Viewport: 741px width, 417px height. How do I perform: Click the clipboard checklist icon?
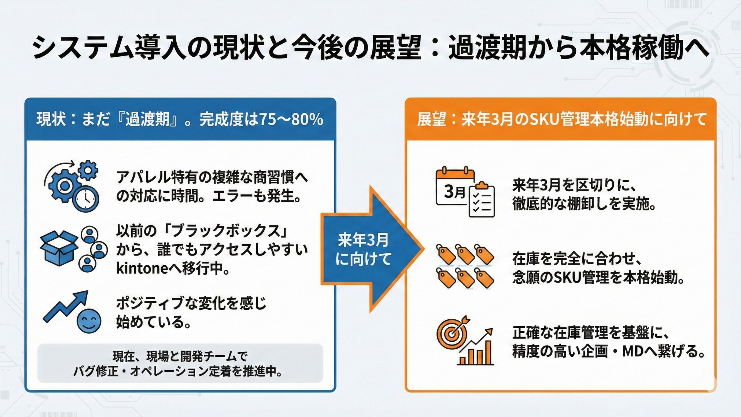(482, 200)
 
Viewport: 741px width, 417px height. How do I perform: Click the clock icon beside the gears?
(86, 198)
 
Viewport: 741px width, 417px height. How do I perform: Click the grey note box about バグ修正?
(180, 363)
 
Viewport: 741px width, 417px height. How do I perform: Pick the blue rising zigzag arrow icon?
(66, 306)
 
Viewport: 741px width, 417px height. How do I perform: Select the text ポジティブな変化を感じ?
(191, 303)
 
